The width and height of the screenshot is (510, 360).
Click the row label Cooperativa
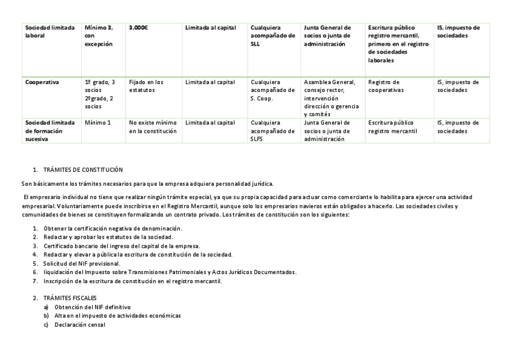42,82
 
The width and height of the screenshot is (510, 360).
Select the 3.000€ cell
139,28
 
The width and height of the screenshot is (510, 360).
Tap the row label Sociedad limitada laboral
50,32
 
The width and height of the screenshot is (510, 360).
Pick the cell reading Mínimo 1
98,123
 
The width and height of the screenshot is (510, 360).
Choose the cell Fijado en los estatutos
146,86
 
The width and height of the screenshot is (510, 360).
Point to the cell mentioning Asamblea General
330,98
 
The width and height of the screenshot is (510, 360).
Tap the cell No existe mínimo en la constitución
153,126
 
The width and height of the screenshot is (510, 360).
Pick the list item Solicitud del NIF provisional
82,263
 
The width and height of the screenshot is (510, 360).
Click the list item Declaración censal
79,325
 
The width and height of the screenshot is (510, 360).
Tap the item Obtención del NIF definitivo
92,307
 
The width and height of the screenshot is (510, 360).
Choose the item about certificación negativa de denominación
112,228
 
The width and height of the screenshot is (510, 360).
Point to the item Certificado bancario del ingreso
121,246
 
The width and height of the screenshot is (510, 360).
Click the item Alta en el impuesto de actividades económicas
117,316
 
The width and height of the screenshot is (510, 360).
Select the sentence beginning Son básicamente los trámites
147,183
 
